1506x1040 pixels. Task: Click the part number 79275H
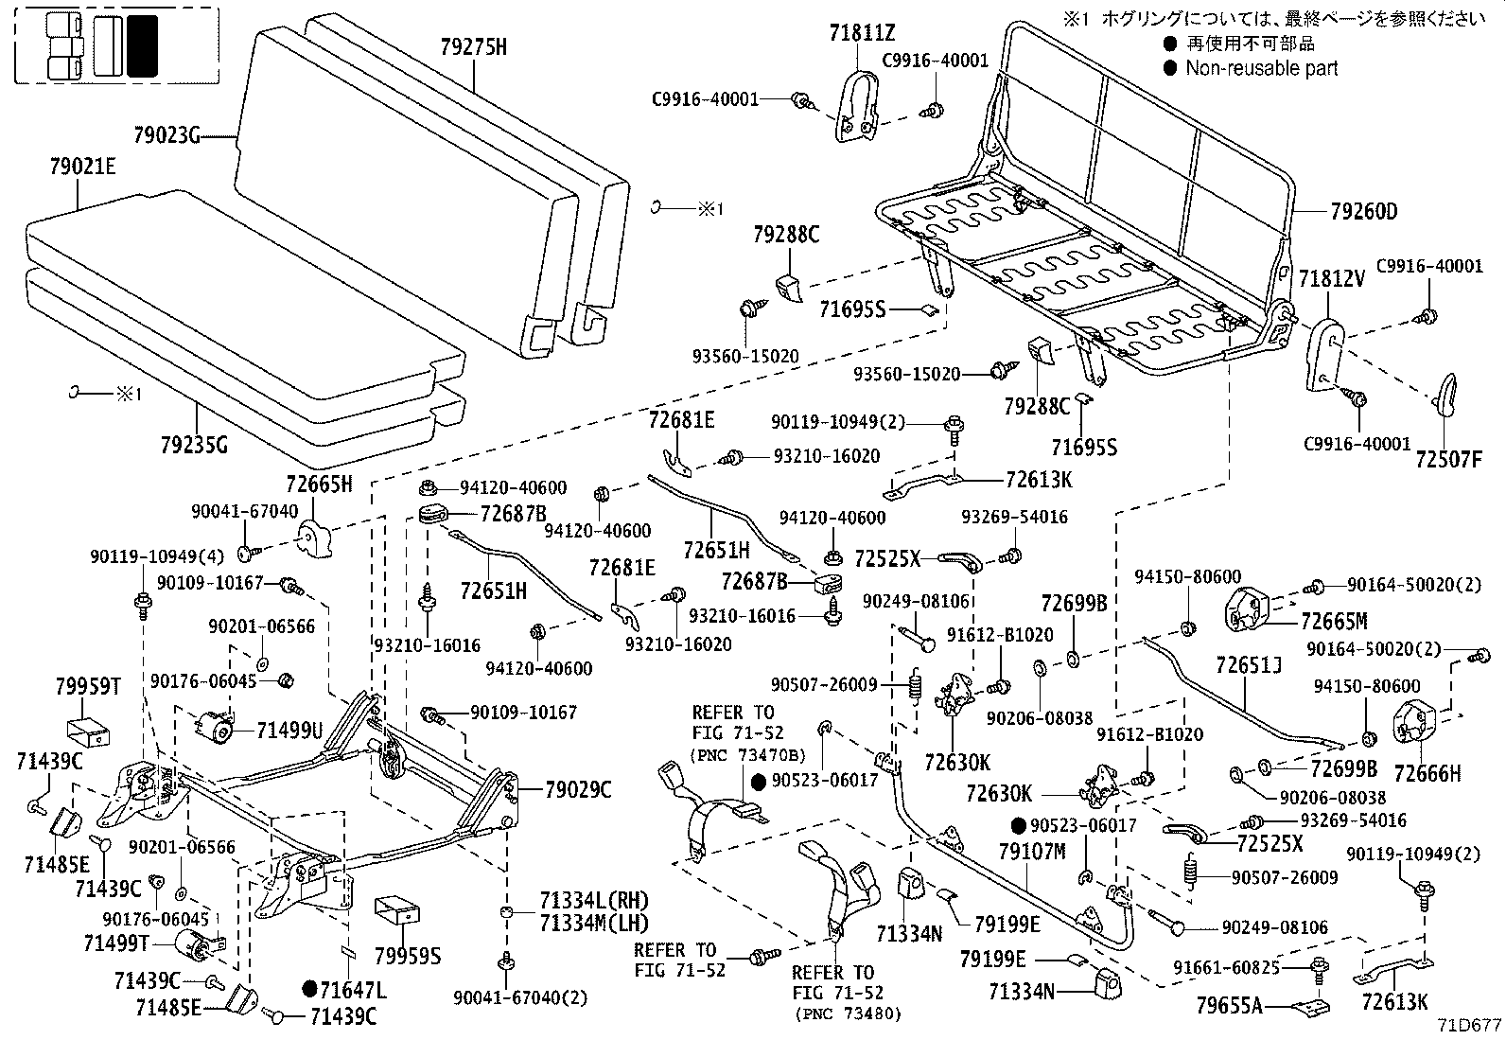pyautogui.click(x=473, y=45)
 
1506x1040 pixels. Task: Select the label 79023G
pyautogui.click(x=166, y=136)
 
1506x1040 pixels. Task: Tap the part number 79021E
pyautogui.click(x=82, y=167)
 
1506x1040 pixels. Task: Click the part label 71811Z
pyautogui.click(x=861, y=33)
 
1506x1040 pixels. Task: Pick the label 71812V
pyautogui.click(x=1332, y=279)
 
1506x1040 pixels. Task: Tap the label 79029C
pyautogui.click(x=578, y=788)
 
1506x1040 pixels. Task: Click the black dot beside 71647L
pyautogui.click(x=309, y=990)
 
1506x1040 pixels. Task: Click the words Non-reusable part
pyautogui.click(x=1262, y=68)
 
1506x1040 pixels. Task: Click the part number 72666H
pyautogui.click(x=1427, y=774)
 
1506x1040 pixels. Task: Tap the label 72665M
pyautogui.click(x=1334, y=622)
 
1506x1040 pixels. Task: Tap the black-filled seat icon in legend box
pyautogui.click(x=143, y=45)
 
